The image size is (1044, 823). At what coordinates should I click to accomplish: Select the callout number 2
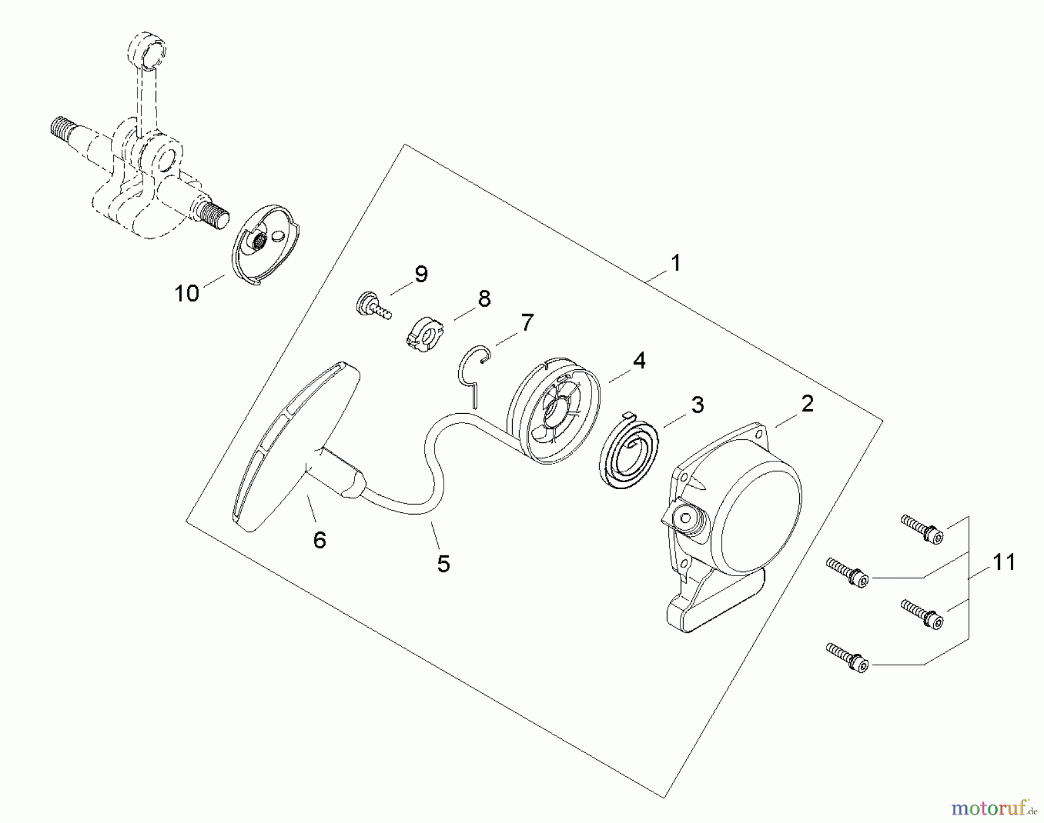(807, 404)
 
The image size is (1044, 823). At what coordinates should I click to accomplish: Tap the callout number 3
(697, 405)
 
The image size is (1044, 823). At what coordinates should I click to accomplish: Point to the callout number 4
(639, 360)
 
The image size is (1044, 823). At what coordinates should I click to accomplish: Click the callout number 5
(444, 563)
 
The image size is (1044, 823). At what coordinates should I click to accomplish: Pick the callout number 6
(320, 540)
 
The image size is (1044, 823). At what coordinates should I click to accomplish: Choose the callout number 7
(527, 323)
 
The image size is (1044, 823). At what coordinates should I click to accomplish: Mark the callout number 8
(484, 298)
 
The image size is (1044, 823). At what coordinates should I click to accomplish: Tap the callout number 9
(421, 275)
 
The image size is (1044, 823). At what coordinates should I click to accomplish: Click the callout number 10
(187, 293)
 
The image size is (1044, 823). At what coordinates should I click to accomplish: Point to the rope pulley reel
(553, 411)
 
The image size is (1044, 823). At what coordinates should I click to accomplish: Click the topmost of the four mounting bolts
(922, 529)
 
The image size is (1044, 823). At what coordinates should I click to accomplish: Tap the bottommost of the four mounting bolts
(847, 658)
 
